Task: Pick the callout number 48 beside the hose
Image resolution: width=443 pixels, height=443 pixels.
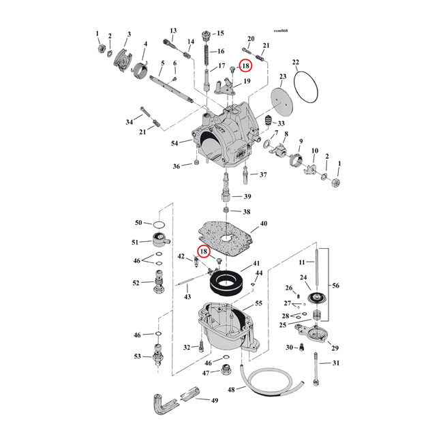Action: (x=232, y=390)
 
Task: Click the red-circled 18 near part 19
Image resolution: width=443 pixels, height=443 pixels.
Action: (x=245, y=67)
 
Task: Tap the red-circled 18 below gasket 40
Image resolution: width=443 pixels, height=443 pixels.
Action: (x=203, y=251)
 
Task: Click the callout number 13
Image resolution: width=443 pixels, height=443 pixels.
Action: (x=173, y=31)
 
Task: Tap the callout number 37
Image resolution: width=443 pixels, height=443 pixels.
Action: (x=264, y=174)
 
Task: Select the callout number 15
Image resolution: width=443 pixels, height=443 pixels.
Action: (x=219, y=33)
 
